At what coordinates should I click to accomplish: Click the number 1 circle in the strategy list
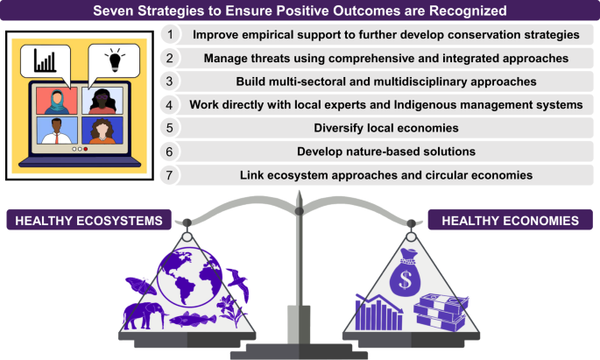170,34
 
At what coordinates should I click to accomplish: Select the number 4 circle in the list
170,105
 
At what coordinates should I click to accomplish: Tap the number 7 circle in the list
170,175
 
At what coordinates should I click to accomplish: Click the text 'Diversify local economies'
386,128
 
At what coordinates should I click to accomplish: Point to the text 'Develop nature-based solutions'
386,152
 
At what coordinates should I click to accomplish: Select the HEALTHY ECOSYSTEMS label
88,220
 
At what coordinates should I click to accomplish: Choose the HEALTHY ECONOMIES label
510,220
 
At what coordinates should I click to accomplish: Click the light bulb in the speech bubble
115,60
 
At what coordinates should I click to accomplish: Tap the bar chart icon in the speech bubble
45,60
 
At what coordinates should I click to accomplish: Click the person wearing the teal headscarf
57,101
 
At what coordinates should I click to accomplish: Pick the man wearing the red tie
57,131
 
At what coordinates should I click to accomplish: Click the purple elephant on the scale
145,315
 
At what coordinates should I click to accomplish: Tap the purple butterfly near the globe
141,286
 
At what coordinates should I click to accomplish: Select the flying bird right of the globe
239,284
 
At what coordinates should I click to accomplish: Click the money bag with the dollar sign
405,272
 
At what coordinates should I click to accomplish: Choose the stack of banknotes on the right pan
441,312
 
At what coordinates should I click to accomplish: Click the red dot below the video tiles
86,149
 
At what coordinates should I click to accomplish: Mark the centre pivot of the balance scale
300,211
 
